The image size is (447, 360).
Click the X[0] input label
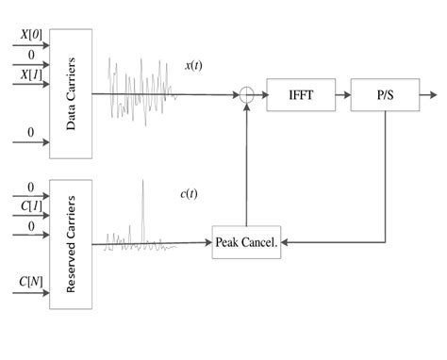click(x=30, y=34)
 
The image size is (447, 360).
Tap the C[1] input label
click(x=30, y=205)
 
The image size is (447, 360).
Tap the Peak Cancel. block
click(x=246, y=242)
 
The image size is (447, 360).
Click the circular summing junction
click(x=247, y=94)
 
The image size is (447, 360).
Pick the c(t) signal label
click(x=189, y=194)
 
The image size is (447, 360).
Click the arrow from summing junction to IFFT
click(x=261, y=94)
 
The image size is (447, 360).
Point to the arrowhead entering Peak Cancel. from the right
click(x=285, y=243)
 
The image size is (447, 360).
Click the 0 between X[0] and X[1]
click(x=30, y=55)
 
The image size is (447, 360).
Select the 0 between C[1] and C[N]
click(x=30, y=226)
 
